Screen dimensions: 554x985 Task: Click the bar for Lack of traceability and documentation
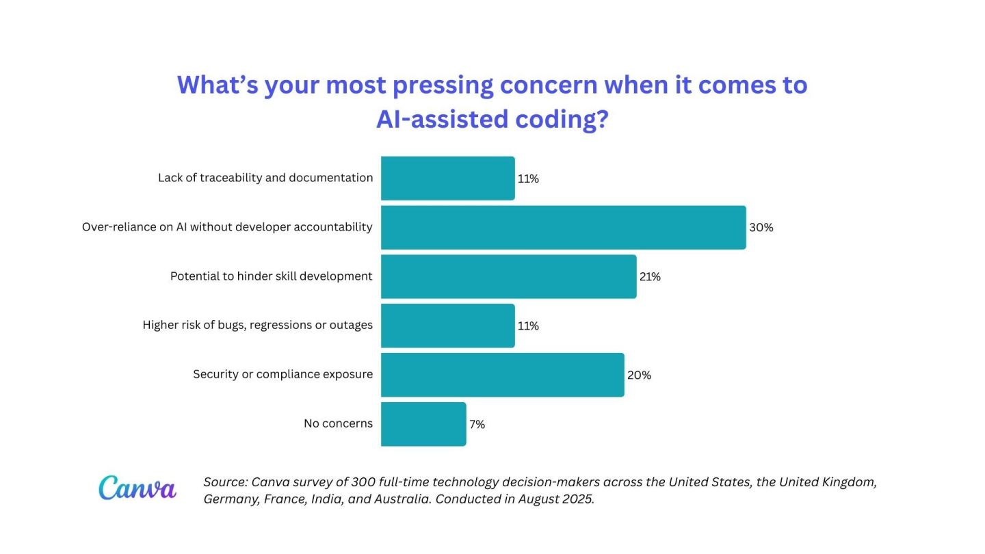[x=447, y=179]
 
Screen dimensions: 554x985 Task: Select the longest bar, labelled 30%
[x=563, y=228]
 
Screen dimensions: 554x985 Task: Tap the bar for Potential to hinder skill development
[x=508, y=277]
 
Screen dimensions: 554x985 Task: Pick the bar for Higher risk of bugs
[x=447, y=326]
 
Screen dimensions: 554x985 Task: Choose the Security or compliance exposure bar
[x=502, y=375]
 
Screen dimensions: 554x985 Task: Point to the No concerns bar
[x=423, y=424]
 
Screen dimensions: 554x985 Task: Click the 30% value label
[x=761, y=228]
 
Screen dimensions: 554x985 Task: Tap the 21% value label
[x=650, y=277]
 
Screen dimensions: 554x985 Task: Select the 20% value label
[x=639, y=375]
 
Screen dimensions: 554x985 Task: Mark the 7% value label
[x=477, y=425]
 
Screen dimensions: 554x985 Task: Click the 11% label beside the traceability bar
[x=528, y=179]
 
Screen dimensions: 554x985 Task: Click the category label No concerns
[x=338, y=424]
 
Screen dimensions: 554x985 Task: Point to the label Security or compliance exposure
[x=283, y=375]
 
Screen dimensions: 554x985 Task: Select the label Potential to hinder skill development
[x=271, y=276]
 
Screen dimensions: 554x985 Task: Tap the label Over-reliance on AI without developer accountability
[x=227, y=227]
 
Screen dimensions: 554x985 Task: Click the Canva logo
[x=137, y=488]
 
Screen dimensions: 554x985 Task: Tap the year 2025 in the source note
[x=579, y=499]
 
